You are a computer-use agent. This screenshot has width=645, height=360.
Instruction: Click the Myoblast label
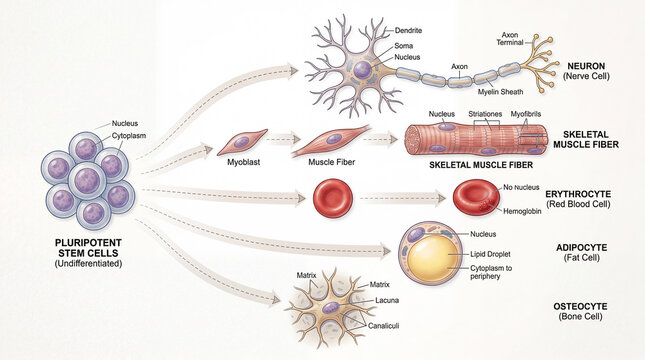(246, 160)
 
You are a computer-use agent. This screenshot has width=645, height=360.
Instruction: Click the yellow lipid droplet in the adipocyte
(432, 256)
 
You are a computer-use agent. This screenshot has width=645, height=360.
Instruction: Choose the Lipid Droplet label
(491, 255)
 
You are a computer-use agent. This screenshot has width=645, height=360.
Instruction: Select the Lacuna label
(388, 300)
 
